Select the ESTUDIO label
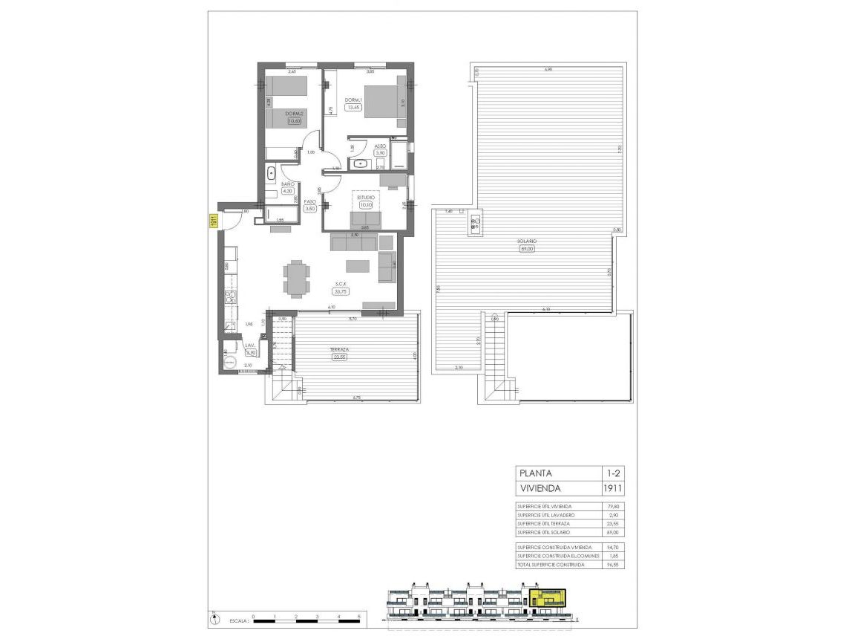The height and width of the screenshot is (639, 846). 365,198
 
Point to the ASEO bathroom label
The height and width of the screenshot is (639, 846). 380,146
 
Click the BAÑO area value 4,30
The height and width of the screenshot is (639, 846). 288,190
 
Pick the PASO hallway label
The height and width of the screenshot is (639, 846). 310,201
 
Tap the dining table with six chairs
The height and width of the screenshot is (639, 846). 296,278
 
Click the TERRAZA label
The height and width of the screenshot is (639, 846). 340,349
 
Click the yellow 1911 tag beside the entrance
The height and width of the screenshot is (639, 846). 212,221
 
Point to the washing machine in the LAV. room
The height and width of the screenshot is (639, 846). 231,363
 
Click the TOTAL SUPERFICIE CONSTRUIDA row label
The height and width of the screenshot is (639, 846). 551,565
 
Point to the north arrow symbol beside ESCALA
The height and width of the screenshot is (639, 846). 214,617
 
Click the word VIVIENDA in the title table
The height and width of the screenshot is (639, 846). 540,488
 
